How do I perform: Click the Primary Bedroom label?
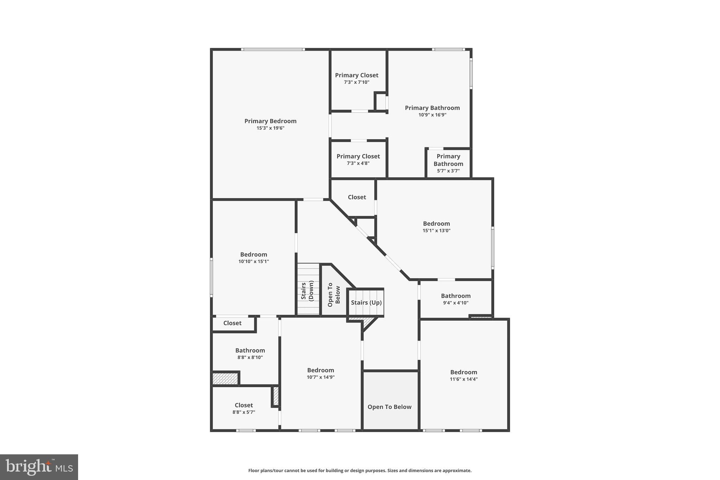click(x=270, y=121)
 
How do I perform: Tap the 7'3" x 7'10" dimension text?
click(x=356, y=82)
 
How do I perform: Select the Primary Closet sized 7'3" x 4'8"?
click(x=358, y=156)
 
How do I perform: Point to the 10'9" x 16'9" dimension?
click(x=432, y=115)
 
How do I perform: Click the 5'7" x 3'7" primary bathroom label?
click(x=448, y=164)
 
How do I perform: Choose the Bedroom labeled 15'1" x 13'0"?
click(x=436, y=224)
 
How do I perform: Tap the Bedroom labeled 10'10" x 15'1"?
click(x=253, y=255)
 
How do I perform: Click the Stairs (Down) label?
click(x=307, y=290)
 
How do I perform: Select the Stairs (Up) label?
click(x=366, y=302)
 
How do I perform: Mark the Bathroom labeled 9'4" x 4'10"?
click(x=455, y=296)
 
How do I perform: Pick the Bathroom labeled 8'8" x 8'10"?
click(x=250, y=351)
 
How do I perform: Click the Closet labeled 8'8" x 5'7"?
click(x=244, y=405)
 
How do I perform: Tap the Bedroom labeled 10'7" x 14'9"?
click(x=320, y=370)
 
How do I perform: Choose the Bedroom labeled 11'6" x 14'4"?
click(x=464, y=372)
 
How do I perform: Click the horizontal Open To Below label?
click(x=389, y=407)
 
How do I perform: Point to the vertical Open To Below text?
click(x=334, y=295)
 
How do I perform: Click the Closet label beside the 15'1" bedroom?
click(x=357, y=197)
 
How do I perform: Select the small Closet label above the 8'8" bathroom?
click(x=232, y=323)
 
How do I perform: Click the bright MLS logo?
click(x=39, y=467)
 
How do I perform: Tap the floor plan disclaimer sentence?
click(x=360, y=471)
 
